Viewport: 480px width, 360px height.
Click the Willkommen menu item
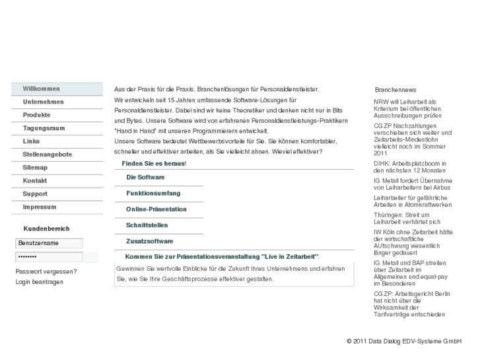click(x=41, y=89)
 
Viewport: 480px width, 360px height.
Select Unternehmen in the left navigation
click(x=43, y=102)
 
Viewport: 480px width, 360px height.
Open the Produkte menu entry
click(x=36, y=115)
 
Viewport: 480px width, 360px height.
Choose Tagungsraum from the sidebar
click(x=44, y=128)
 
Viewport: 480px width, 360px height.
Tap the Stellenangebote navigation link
click(x=47, y=155)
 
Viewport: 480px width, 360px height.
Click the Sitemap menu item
click(x=35, y=168)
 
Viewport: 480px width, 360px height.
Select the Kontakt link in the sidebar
click(x=34, y=181)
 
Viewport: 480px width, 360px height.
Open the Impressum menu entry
click(x=39, y=207)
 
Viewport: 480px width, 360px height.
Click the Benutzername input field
click(x=49, y=243)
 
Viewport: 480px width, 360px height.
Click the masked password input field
click(x=49, y=257)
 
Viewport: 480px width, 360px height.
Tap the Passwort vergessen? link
click(x=46, y=271)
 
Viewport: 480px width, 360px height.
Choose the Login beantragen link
click(x=39, y=282)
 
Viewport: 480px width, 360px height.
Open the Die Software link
click(x=145, y=178)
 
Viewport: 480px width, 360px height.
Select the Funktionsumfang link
click(x=153, y=193)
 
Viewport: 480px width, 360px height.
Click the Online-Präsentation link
click(x=156, y=209)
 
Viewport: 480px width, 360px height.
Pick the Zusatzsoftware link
click(x=149, y=241)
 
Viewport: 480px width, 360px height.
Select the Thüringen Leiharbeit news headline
click(x=401, y=219)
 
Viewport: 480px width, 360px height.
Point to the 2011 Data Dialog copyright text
click(x=403, y=342)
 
